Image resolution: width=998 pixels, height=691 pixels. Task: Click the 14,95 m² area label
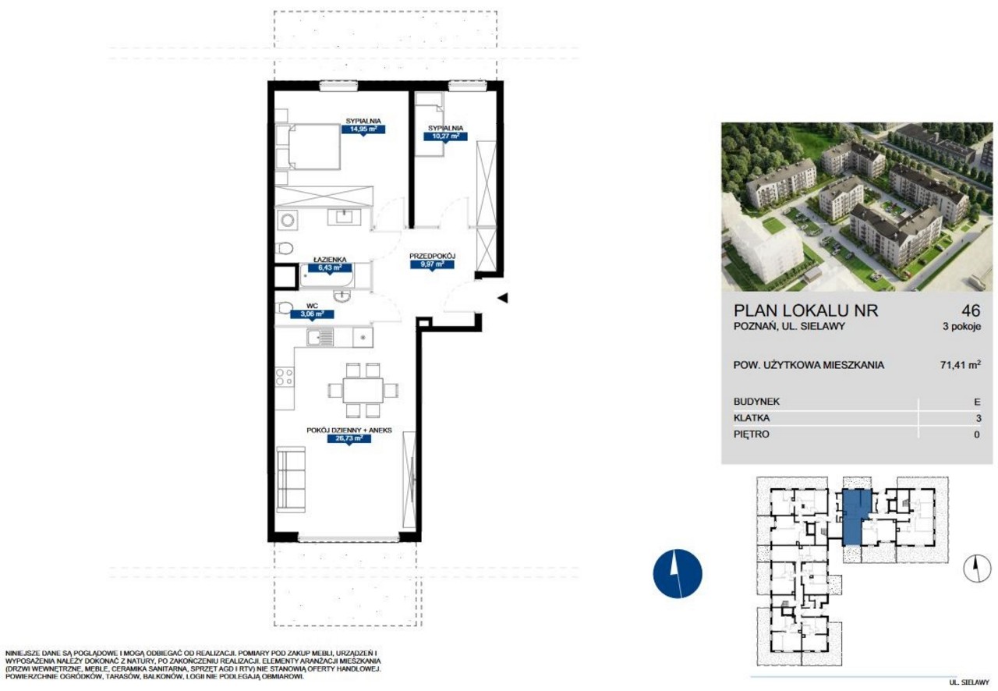coord(363,129)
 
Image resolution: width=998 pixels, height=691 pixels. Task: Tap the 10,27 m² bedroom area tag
coord(445,136)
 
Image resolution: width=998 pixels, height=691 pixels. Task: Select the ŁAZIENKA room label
coord(330,260)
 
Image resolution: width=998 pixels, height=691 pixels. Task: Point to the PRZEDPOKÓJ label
coord(432,257)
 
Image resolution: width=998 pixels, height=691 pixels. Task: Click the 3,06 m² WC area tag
coord(312,314)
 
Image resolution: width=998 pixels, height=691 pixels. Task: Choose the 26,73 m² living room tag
coord(349,438)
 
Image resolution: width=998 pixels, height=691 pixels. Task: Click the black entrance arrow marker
coord(503,298)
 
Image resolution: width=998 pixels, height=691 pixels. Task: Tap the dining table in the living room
coord(363,391)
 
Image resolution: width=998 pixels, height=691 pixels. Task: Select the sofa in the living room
coord(291,479)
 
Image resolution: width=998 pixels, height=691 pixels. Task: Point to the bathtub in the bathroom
coord(327,276)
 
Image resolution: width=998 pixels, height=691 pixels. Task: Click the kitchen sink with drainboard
coord(320,337)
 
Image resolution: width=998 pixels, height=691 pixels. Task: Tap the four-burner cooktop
coord(285,377)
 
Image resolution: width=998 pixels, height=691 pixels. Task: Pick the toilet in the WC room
coord(283,307)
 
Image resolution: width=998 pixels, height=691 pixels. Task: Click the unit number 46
coord(971,310)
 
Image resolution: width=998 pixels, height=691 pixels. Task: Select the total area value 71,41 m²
coord(961,365)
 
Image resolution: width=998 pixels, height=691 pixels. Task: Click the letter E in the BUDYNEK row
coord(977,402)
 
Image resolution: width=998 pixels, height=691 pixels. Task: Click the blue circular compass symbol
coord(678,573)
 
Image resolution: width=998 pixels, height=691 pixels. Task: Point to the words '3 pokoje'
coord(962,326)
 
